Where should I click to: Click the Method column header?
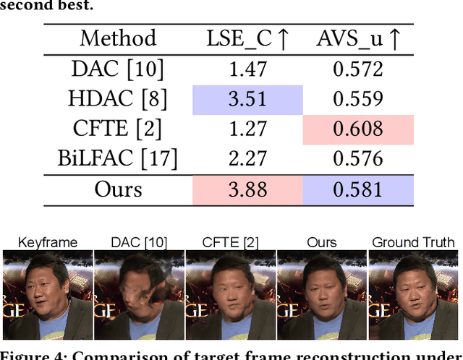[x=117, y=38]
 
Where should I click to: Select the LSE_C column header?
[x=247, y=38]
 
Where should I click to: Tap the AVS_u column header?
[x=358, y=38]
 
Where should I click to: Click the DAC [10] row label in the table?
[x=117, y=69]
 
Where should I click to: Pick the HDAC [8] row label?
[x=117, y=99]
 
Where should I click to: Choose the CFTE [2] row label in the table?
[x=117, y=129]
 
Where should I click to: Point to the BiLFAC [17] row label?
[x=117, y=159]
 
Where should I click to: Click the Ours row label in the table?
[x=119, y=190]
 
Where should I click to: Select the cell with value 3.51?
[x=247, y=99]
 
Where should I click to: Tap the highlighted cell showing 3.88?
[x=247, y=190]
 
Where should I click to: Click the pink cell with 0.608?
[x=358, y=129]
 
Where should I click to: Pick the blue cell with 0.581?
[x=358, y=190]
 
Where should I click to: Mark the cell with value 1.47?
[x=247, y=69]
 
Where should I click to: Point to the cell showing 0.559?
[x=358, y=99]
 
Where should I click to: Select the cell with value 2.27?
[x=247, y=159]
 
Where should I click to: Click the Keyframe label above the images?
[x=47, y=243]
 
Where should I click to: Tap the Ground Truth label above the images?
[x=413, y=243]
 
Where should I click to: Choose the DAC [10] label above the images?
[x=138, y=243]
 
